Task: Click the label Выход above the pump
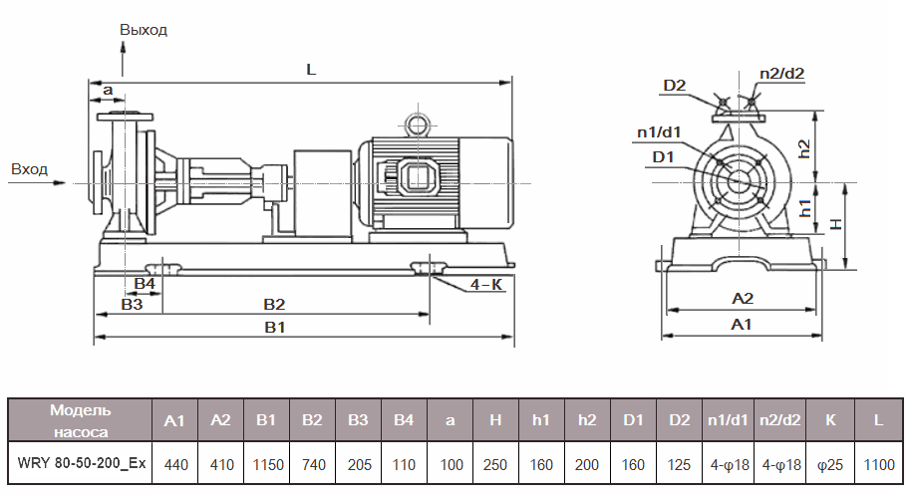[x=144, y=30]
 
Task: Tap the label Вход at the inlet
[x=29, y=169]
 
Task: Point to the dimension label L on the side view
[x=312, y=71]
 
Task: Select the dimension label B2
[x=274, y=304]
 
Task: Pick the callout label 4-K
[x=486, y=285]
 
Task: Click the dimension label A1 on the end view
[x=742, y=325]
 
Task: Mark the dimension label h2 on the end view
[x=830, y=146]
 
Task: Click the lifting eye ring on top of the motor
[x=415, y=124]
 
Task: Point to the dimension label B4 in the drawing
[x=145, y=284]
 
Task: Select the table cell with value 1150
[x=267, y=464]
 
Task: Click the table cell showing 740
[x=312, y=464]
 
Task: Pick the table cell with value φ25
[x=830, y=464]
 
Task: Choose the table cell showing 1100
[x=878, y=464]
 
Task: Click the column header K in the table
[x=830, y=420]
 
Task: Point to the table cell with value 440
[x=174, y=464]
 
